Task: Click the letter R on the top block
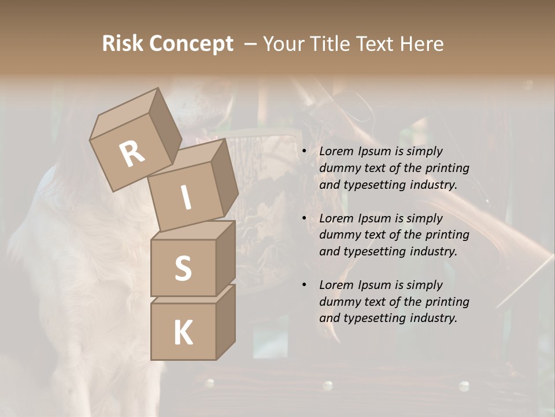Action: point(132,153)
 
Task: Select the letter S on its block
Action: point(183,268)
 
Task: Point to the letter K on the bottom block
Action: point(183,333)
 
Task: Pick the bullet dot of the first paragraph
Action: point(304,152)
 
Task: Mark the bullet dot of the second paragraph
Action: point(304,219)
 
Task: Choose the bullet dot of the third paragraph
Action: point(304,286)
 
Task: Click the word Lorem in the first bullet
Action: point(336,151)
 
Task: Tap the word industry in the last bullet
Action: point(432,318)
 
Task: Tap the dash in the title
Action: point(251,44)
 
